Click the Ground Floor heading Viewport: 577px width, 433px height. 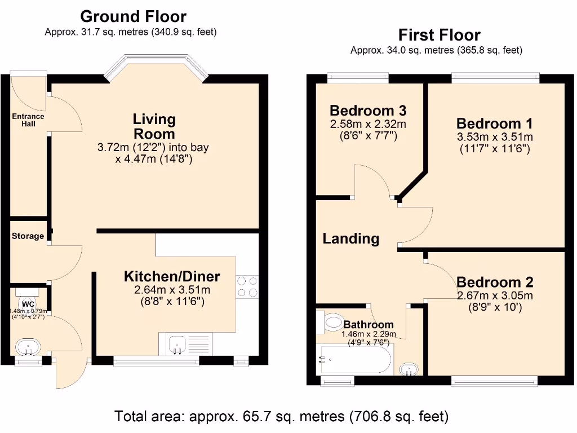(133, 16)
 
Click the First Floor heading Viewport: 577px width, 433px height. (439, 35)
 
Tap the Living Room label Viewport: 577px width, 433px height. (154, 126)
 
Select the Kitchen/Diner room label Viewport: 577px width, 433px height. (172, 276)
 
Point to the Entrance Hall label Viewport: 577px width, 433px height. (28, 120)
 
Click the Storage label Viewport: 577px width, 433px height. (28, 236)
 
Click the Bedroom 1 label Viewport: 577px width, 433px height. (494, 123)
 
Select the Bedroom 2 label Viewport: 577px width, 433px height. (494, 282)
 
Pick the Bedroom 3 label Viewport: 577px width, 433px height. (368, 110)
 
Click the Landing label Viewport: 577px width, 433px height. (350, 238)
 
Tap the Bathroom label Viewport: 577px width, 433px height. (369, 325)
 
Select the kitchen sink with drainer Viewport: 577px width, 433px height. (187, 344)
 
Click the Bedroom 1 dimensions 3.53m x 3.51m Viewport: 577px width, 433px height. (494, 137)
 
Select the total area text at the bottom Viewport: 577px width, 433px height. (282, 417)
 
